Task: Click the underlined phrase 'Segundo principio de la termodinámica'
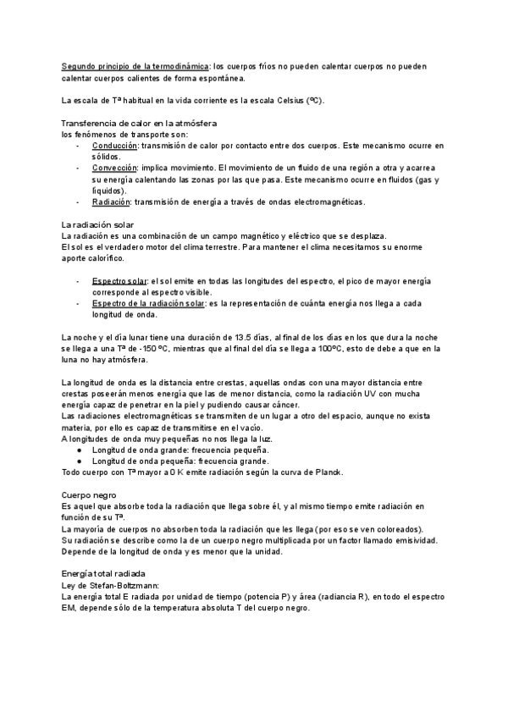[x=135, y=66]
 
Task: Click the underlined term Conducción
[x=114, y=146]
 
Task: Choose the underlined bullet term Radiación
[x=111, y=202]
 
